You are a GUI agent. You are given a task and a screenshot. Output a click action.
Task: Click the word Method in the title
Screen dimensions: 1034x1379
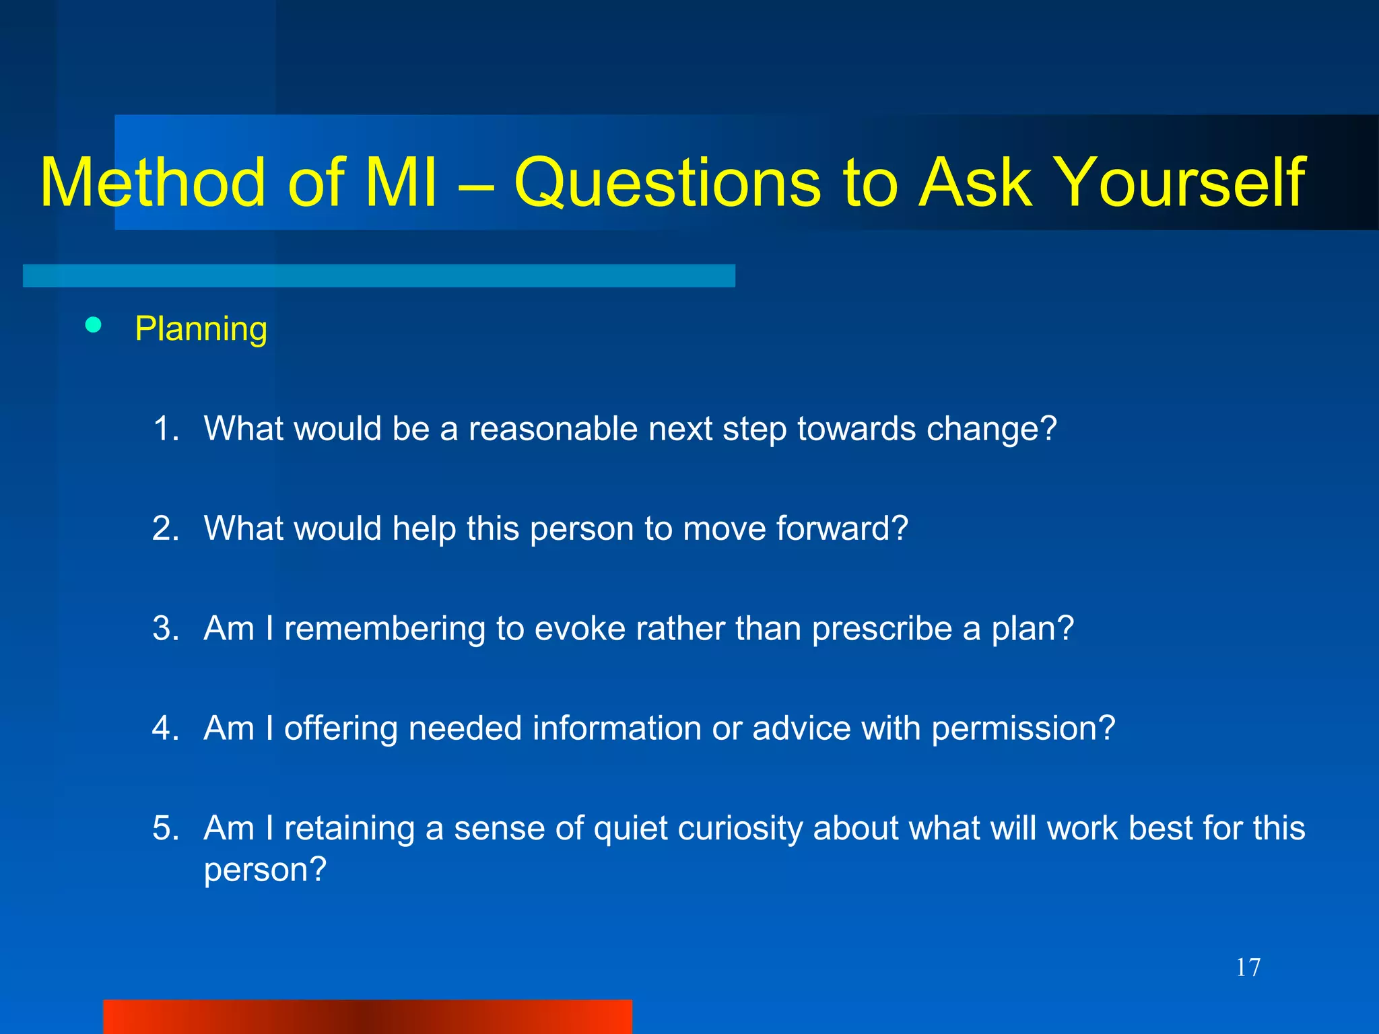click(x=153, y=183)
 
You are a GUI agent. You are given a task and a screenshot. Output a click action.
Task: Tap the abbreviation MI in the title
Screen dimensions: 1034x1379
click(x=401, y=183)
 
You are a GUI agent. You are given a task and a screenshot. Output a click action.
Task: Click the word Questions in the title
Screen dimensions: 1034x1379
click(x=667, y=183)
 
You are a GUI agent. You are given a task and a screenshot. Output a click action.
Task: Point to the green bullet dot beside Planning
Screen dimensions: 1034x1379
click(x=94, y=326)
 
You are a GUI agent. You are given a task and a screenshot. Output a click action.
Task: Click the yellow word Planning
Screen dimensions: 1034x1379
click(x=201, y=329)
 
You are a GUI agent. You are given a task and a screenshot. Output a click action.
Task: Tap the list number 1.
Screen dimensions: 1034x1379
click(x=165, y=429)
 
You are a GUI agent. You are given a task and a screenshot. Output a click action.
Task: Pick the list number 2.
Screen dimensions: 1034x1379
click(x=165, y=528)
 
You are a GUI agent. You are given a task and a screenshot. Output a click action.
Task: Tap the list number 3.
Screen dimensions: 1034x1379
click(x=165, y=628)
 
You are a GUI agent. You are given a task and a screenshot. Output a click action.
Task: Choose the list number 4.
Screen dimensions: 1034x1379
click(x=165, y=728)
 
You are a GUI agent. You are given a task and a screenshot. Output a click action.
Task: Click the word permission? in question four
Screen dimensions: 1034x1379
click(x=1023, y=728)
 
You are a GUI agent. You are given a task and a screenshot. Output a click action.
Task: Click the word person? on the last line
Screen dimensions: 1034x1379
click(x=265, y=870)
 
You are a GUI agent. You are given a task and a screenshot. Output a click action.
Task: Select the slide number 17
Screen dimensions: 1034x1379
click(x=1248, y=967)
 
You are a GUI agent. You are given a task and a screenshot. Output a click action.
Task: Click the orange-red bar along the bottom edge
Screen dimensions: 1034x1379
click(x=367, y=1016)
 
